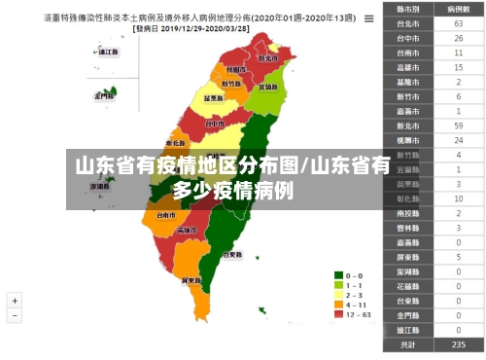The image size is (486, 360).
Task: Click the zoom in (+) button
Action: click(x=16, y=302)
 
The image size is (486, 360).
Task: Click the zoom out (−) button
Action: click(x=16, y=317)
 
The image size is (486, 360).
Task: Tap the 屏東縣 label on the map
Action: click(x=191, y=279)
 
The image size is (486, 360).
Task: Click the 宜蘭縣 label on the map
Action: click(x=269, y=88)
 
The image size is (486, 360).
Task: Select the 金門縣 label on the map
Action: click(x=104, y=96)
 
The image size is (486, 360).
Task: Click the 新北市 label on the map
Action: click(x=267, y=57)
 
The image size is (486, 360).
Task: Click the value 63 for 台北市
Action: click(x=457, y=22)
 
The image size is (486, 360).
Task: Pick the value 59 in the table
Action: click(x=457, y=126)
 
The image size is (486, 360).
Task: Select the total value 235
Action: click(x=457, y=344)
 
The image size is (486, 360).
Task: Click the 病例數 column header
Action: click(x=457, y=8)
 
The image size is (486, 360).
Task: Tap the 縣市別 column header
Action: click(x=408, y=8)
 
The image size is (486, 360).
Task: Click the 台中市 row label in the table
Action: click(x=408, y=38)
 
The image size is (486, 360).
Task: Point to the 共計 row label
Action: click(x=408, y=344)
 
